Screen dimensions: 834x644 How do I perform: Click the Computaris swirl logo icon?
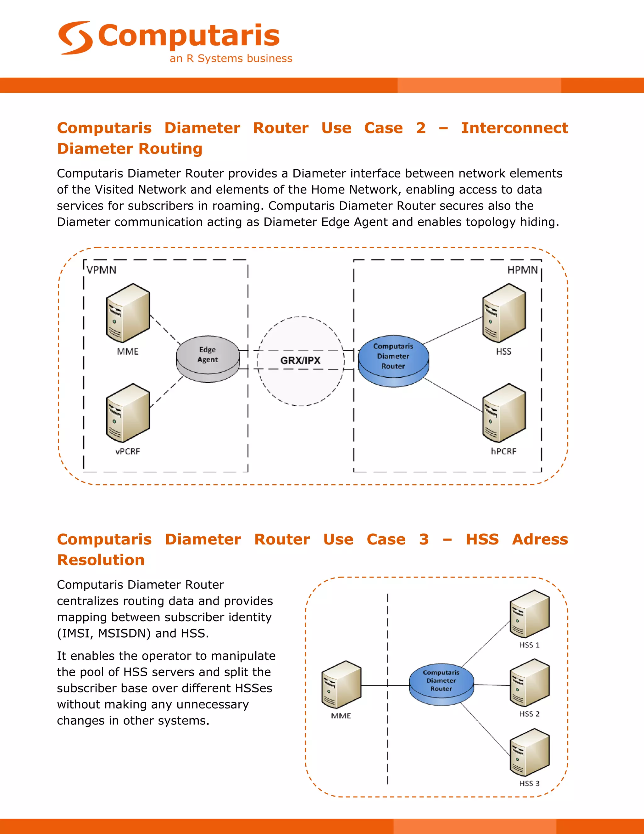75,37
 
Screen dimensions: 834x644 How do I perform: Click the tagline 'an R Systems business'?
231,59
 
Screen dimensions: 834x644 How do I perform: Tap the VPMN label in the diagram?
101,270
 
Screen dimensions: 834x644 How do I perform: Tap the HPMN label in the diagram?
522,270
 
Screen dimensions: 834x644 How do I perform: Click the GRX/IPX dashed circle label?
300,360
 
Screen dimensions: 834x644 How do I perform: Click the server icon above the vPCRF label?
127,413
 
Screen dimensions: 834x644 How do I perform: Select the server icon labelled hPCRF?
504,413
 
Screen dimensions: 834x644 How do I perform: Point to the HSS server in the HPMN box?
504,313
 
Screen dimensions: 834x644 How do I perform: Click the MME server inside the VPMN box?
127,313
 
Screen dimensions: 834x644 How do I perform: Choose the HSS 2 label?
529,714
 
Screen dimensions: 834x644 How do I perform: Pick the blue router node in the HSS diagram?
441,684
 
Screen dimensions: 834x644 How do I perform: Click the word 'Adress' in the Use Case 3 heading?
540,539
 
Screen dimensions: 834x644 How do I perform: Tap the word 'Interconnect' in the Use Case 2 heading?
514,128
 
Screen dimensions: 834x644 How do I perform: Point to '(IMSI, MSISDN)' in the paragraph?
104,633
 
